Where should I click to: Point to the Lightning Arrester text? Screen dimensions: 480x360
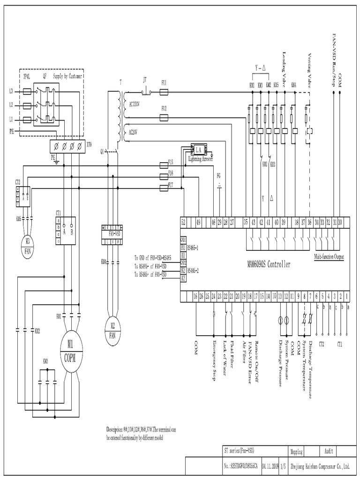(x=201, y=159)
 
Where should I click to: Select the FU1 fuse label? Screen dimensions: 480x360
(x=164, y=82)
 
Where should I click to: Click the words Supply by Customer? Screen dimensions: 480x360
(x=66, y=76)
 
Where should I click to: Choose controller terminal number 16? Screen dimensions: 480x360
(x=195, y=296)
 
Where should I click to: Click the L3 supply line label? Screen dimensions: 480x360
(x=12, y=90)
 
